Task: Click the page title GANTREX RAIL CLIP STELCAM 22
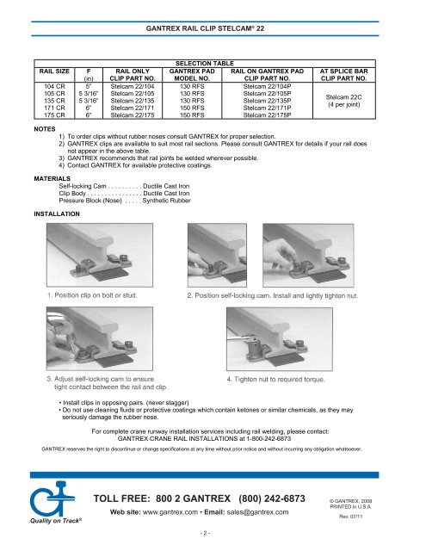[x=212, y=28]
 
